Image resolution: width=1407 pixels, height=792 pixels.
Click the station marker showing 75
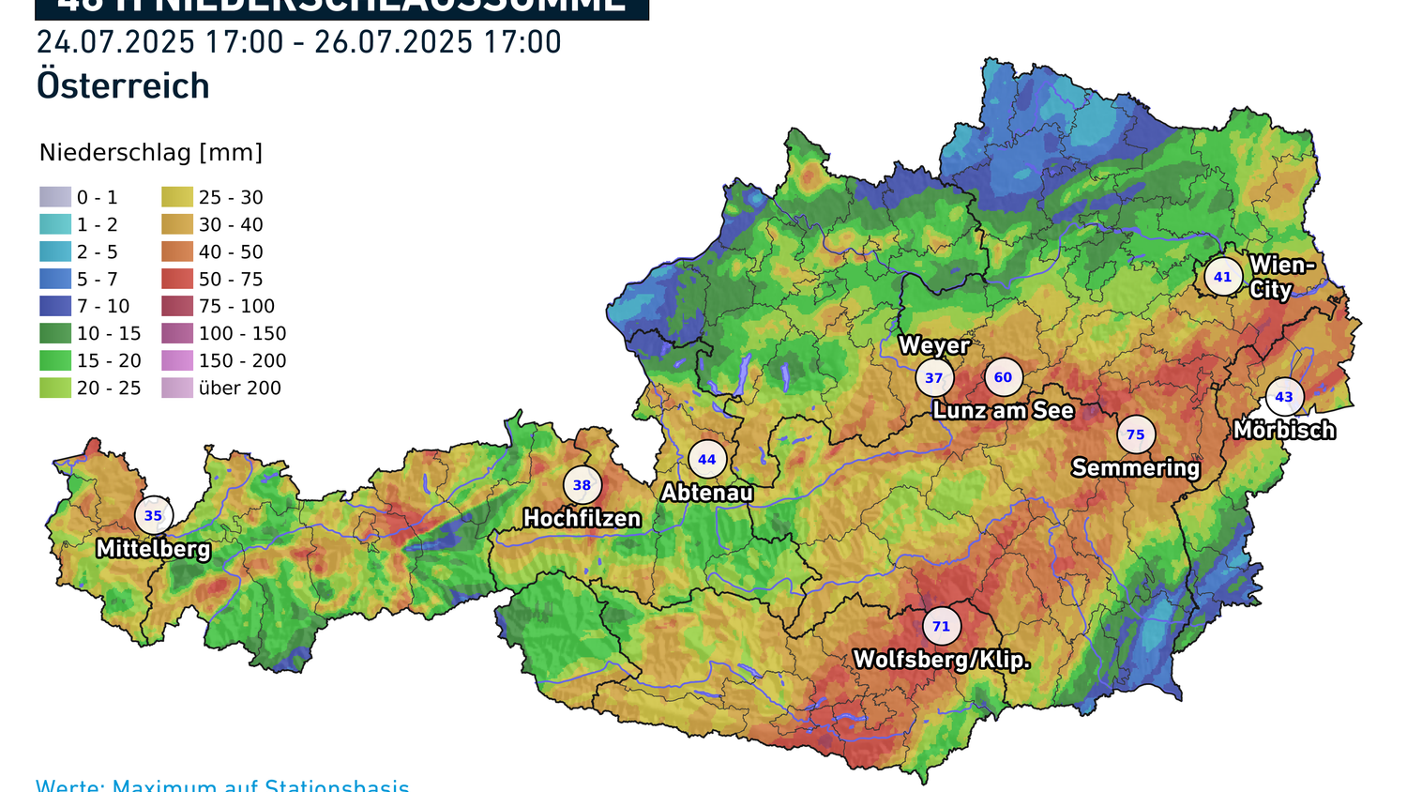1136,434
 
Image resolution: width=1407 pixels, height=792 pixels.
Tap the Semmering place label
1136,467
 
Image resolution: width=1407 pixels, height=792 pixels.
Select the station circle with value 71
941,626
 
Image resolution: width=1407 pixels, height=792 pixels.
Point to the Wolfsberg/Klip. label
941,660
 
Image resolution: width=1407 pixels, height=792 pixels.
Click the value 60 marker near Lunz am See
1003,377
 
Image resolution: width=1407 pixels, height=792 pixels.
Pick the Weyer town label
933,345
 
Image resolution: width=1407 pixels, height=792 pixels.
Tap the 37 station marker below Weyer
934,378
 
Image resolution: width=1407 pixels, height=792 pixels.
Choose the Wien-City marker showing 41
1223,277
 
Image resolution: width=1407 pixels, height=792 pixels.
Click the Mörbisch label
1284,430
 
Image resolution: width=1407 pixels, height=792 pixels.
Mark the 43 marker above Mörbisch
1284,397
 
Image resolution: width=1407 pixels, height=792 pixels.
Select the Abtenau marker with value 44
707,459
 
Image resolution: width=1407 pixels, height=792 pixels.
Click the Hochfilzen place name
582,518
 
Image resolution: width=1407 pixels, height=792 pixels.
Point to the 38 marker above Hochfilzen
582,485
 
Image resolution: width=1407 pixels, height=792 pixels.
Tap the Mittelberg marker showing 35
153,515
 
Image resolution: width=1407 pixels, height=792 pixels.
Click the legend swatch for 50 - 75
177,279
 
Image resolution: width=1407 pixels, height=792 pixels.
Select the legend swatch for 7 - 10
55,306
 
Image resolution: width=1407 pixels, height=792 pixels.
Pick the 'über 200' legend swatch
177,388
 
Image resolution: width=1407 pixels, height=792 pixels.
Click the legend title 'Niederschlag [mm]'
151,153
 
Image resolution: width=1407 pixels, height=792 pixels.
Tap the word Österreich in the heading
123,86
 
